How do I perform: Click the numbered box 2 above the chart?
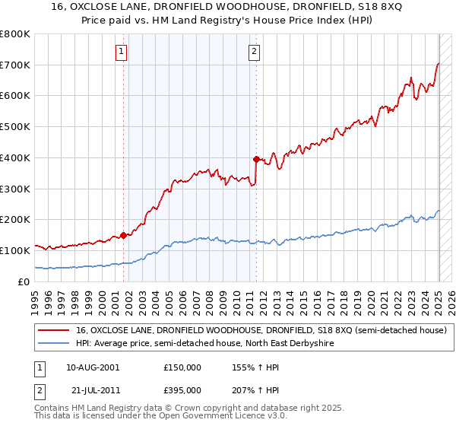pos(253,52)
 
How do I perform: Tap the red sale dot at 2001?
pos(123,235)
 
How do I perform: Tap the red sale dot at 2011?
pos(256,159)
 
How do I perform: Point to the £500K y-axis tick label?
pos(15,126)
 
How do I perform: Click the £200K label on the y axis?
pos(15,219)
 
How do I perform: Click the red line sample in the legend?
pos(54,330)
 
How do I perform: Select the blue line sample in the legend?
pos(54,344)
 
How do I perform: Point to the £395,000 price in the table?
pos(182,389)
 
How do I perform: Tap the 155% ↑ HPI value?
pos(252,367)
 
